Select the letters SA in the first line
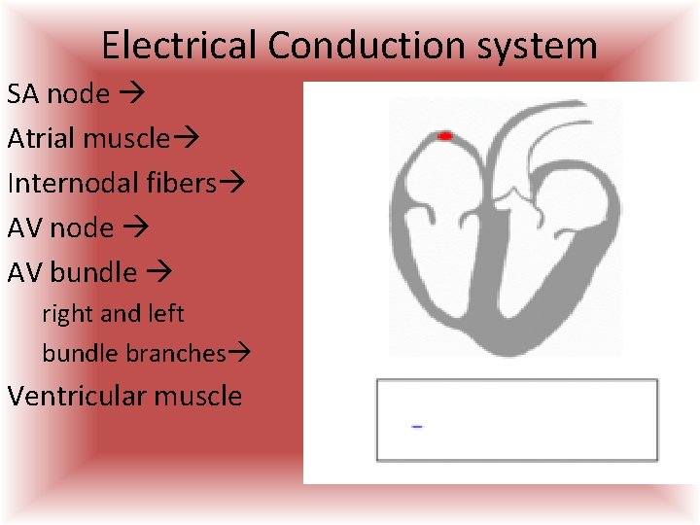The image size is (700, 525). [x=23, y=94]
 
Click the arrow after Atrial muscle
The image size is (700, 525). [x=185, y=139]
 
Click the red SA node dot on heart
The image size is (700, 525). [x=445, y=136]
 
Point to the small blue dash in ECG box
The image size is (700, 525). [x=416, y=427]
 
